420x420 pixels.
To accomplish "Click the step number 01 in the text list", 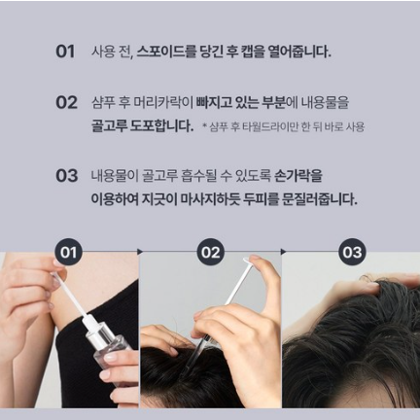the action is coord(65,52).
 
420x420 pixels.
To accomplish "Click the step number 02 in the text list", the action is coord(66,102).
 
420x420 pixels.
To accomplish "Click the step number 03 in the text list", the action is coord(66,176).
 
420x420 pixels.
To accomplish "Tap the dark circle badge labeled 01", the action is coord(68,252).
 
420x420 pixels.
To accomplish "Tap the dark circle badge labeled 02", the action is coord(210,252).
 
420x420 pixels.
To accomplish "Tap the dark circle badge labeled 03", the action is coord(352,252).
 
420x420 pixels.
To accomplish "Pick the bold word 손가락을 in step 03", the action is coord(298,176).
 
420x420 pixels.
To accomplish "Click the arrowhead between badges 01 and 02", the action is coord(140,252).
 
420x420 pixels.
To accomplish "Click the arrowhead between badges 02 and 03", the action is coord(284,252).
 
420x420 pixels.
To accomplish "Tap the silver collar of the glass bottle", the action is coord(99,332).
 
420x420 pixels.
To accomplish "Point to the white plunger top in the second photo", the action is coord(247,260).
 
